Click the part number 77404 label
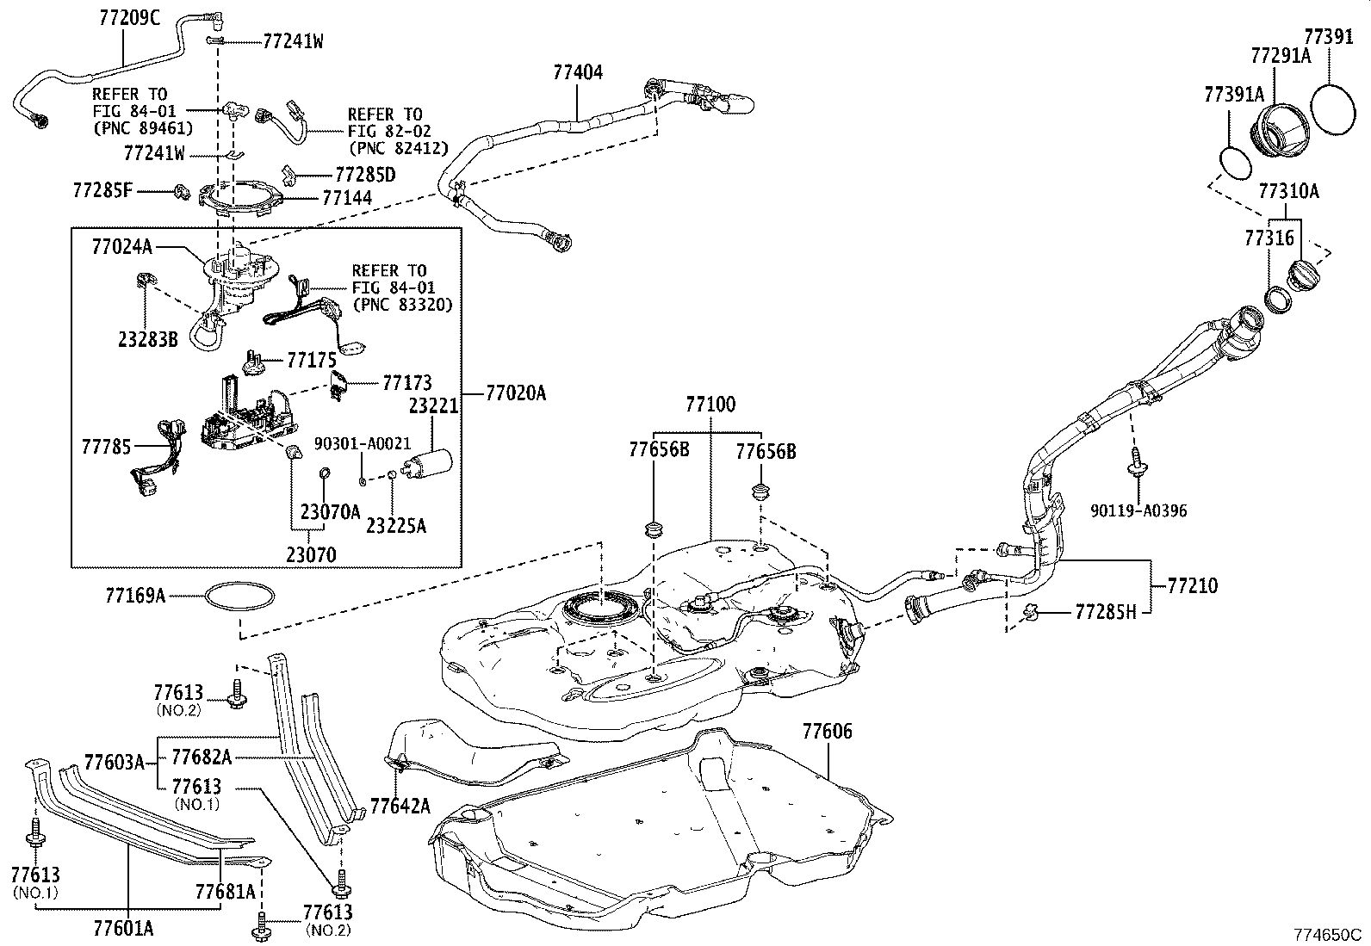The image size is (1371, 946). point(578,72)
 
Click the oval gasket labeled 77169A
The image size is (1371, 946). point(241,596)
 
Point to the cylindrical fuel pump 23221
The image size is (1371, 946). point(431,466)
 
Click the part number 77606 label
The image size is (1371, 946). point(827,732)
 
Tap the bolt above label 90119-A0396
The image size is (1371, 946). point(1135,461)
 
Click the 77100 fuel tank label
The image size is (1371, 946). point(710,405)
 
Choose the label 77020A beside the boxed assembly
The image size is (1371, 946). point(516,393)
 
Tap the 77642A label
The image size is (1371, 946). point(400,806)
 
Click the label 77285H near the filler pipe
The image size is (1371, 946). point(1106,612)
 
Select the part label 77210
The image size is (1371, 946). point(1193,586)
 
